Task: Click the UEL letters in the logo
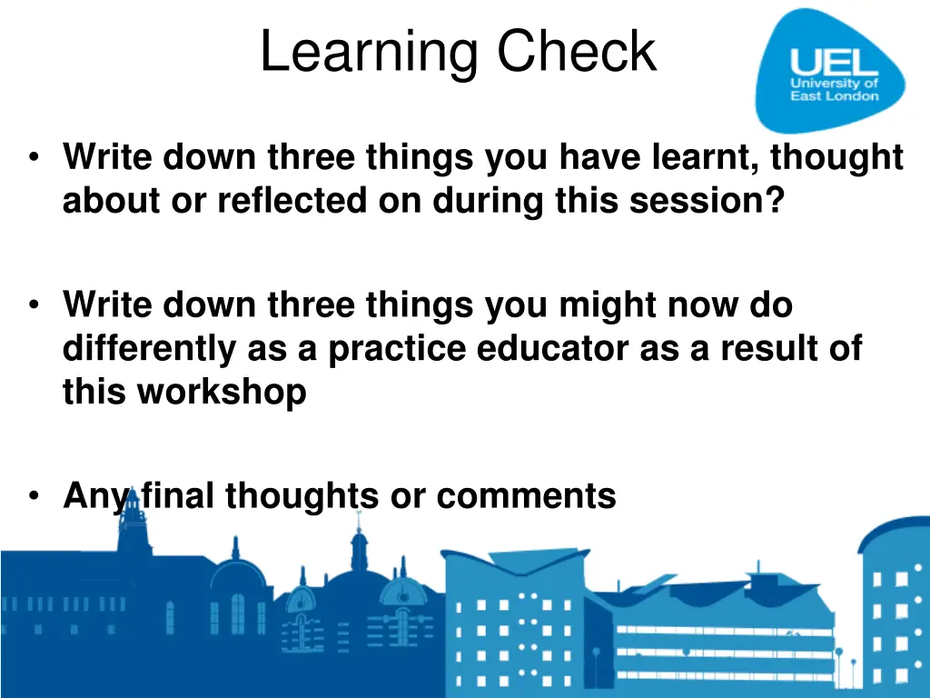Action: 834,64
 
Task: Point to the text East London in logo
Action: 834,96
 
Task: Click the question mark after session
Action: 773,199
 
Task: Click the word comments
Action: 526,496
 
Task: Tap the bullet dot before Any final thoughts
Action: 34,496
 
